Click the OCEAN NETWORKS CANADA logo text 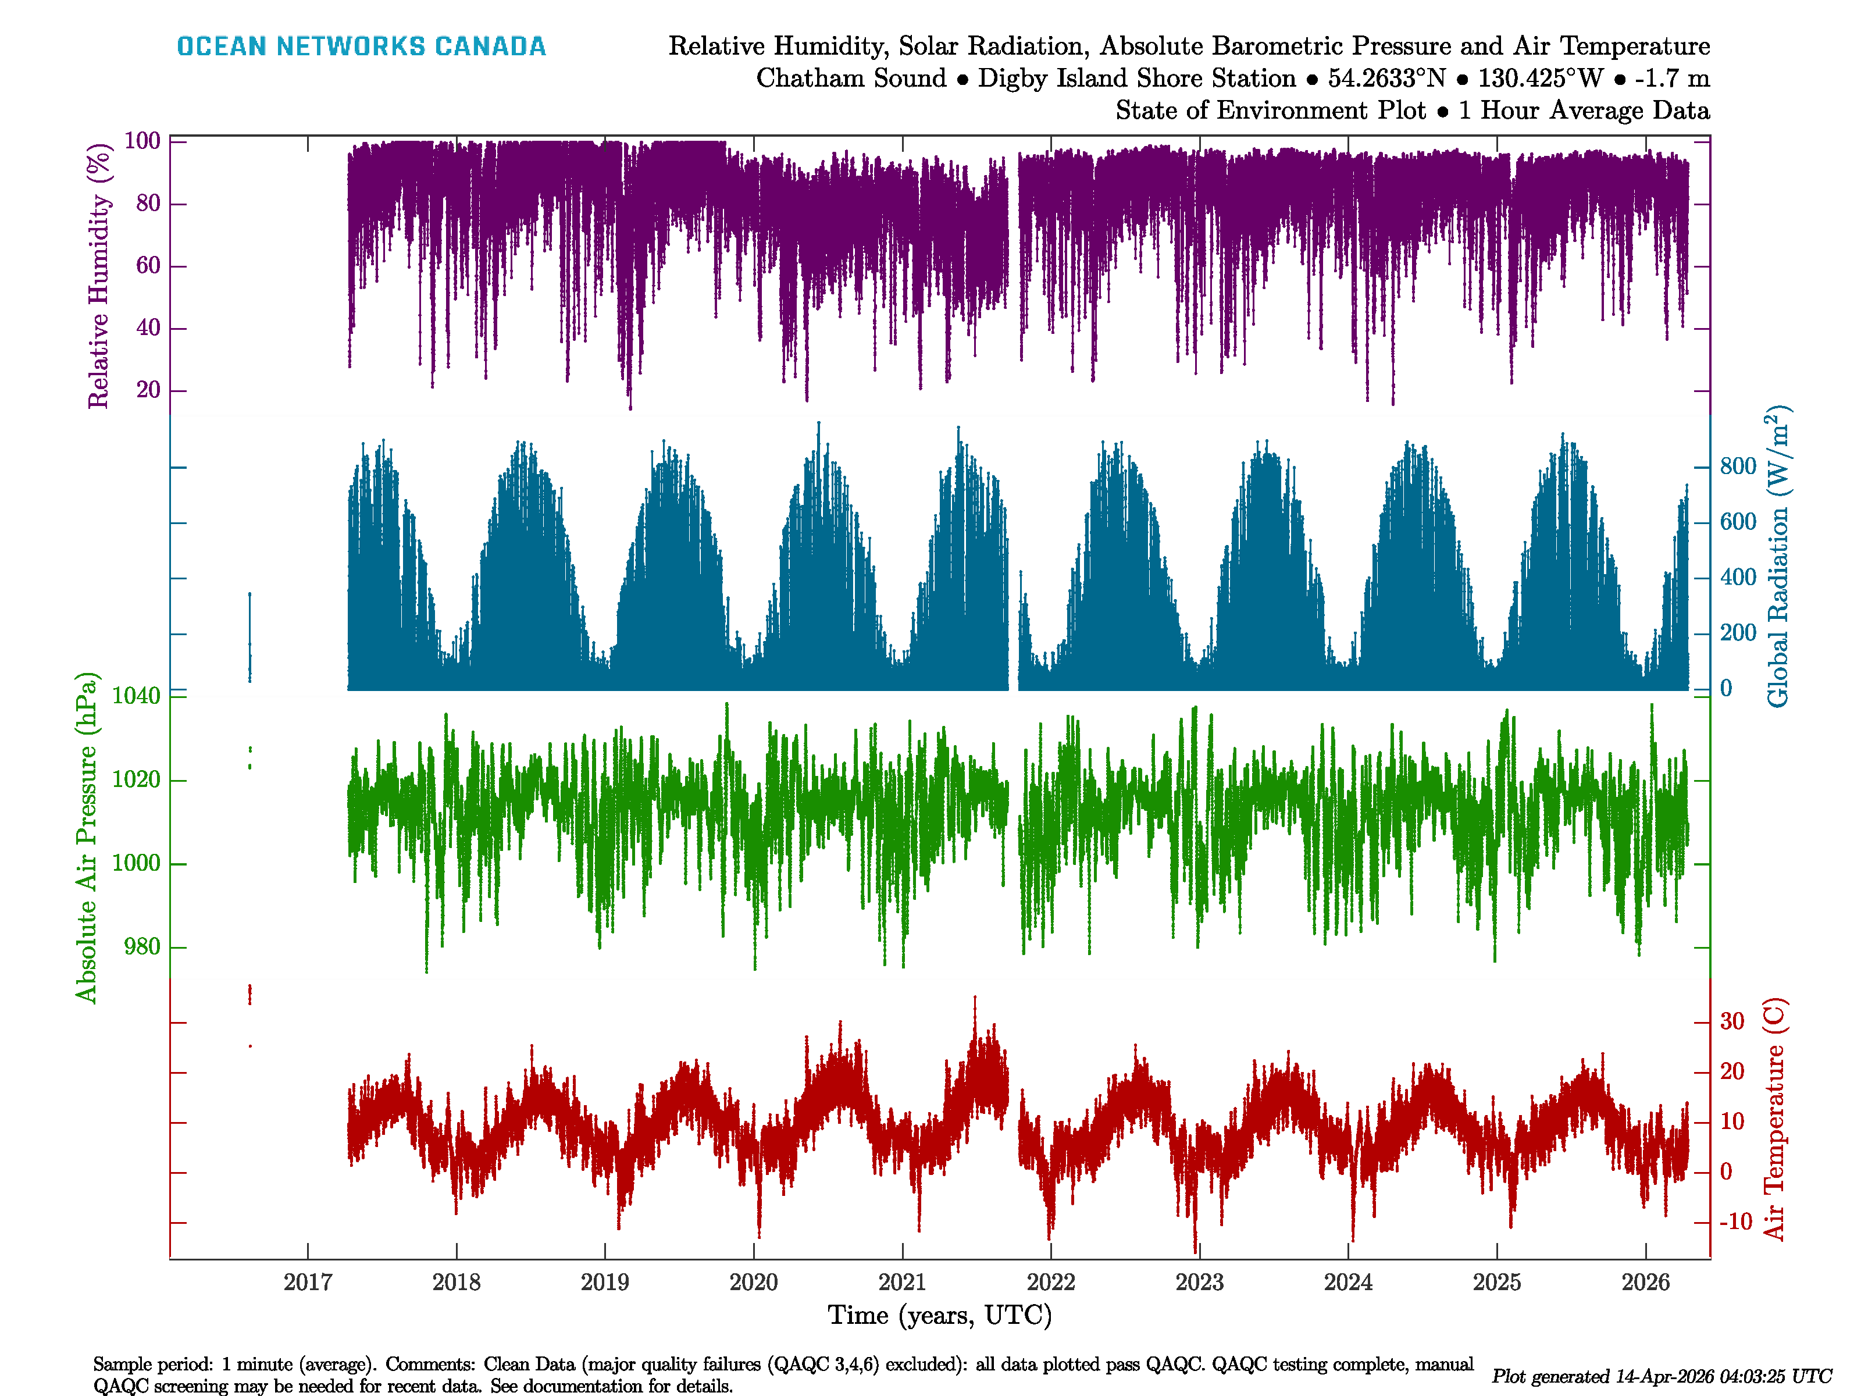click(361, 47)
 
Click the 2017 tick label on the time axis click(307, 1283)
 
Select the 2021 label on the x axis click(902, 1283)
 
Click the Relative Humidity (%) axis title click(99, 276)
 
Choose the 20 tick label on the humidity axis click(148, 390)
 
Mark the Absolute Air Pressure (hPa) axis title click(86, 837)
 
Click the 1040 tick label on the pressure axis click(136, 696)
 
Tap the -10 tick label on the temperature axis click(1735, 1222)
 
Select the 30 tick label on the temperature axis click(1731, 1021)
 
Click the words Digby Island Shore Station click(1136, 79)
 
